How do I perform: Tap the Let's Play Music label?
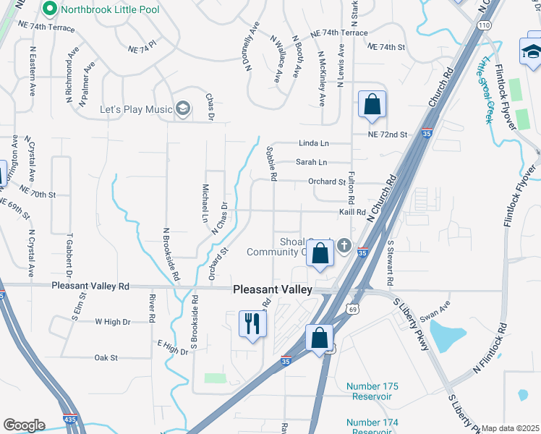click(136, 109)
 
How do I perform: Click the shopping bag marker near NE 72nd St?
click(372, 104)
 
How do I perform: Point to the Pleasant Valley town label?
click(273, 289)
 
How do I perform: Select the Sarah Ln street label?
click(312, 162)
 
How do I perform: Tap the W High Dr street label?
click(112, 322)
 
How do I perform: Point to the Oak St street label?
click(106, 357)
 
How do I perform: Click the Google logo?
click(24, 425)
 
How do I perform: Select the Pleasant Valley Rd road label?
click(90, 286)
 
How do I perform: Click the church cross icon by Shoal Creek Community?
click(344, 245)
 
